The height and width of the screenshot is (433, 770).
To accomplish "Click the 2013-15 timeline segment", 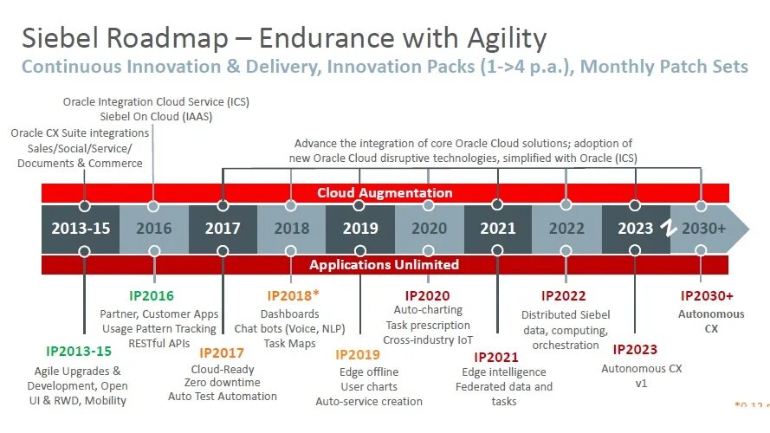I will pyautogui.click(x=81, y=229).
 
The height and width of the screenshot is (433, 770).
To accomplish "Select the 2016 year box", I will pyautogui.click(x=153, y=229).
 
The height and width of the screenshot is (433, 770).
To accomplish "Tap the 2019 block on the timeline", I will pyautogui.click(x=360, y=229).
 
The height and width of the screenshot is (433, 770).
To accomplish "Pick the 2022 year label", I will pyautogui.click(x=566, y=229).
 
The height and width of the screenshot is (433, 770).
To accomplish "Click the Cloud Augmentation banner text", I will pyautogui.click(x=385, y=193).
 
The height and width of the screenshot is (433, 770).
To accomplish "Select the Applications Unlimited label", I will pyautogui.click(x=385, y=264).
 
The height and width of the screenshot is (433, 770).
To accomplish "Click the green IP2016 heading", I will pyautogui.click(x=152, y=296).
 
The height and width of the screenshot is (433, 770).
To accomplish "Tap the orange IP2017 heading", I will pyautogui.click(x=221, y=352).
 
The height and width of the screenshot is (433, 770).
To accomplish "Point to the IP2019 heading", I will pyautogui.click(x=358, y=354).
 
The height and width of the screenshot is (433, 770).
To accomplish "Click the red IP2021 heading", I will pyautogui.click(x=496, y=357).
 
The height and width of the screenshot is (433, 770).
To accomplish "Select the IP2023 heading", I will pyautogui.click(x=635, y=350).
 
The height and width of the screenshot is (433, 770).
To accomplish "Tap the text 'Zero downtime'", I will pyautogui.click(x=223, y=382).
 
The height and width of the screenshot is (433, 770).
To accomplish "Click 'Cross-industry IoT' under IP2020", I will pyautogui.click(x=427, y=339).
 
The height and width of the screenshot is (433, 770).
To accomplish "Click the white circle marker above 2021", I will pyautogui.click(x=497, y=206).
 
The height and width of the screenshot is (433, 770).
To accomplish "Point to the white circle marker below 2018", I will pyautogui.click(x=292, y=251).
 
